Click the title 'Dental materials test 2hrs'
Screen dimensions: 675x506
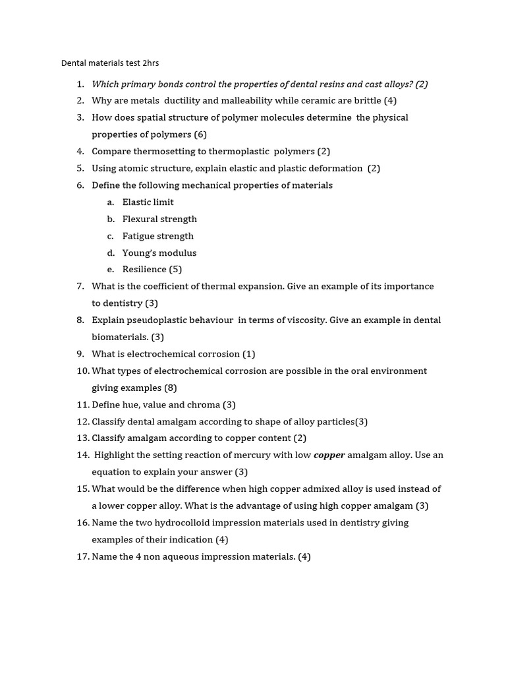[110, 63]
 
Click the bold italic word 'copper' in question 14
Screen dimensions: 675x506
[329, 455]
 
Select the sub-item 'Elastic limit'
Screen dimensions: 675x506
[148, 202]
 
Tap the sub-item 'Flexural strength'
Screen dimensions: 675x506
[159, 219]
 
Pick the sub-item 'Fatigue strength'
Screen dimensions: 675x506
[157, 236]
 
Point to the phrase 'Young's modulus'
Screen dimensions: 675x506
[159, 252]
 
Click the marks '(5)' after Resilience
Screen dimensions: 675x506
[175, 269]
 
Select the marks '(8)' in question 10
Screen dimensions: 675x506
[171, 388]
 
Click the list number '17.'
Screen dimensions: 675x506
[82, 556]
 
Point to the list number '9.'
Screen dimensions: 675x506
[80, 354]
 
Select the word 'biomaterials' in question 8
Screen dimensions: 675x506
[119, 337]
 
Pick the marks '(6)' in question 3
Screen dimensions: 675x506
[200, 134]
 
